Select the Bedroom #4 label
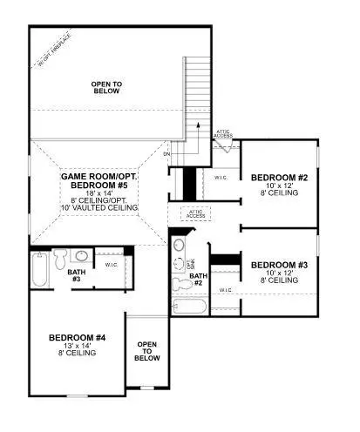click(x=77, y=337)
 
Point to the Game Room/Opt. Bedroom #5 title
click(x=99, y=181)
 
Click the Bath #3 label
click(x=75, y=274)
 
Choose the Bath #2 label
click(x=197, y=280)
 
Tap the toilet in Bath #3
click(x=60, y=259)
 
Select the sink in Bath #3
click(x=80, y=257)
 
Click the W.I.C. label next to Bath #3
click(x=112, y=265)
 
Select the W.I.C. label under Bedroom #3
click(x=225, y=290)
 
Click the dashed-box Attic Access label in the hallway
click(x=196, y=213)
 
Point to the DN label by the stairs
click(x=166, y=153)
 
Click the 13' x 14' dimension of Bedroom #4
click(x=77, y=346)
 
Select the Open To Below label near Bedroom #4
click(x=147, y=351)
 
